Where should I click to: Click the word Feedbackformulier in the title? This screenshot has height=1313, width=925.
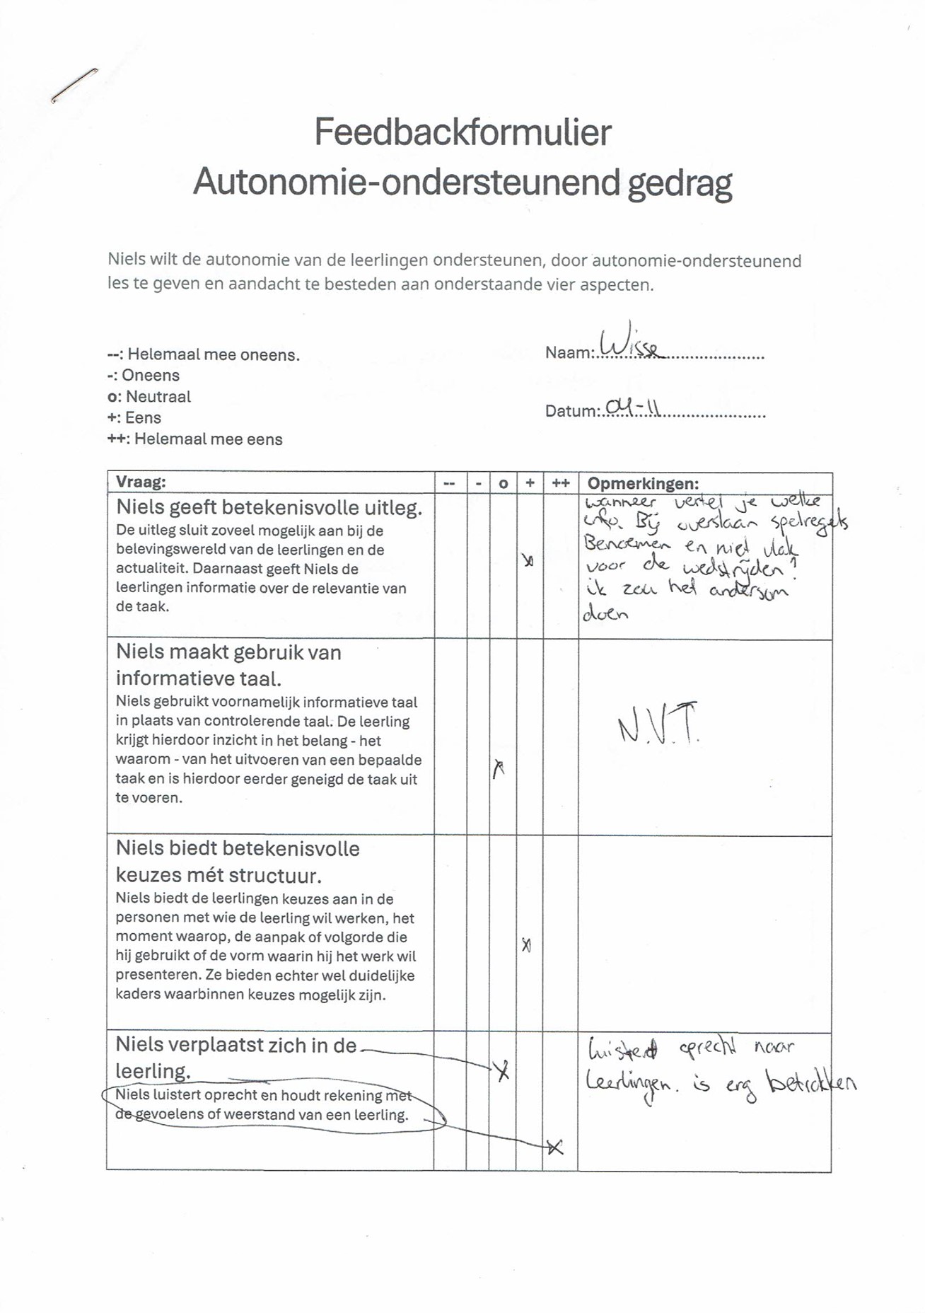click(462, 132)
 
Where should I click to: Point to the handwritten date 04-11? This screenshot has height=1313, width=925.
click(633, 407)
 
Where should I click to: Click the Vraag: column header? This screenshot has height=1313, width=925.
click(141, 482)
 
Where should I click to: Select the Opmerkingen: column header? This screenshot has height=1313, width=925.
click(643, 483)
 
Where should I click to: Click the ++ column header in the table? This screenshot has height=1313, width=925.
click(561, 483)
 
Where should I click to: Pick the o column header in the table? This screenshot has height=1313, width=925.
click(503, 484)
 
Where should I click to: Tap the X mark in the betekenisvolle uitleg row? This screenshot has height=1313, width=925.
click(528, 561)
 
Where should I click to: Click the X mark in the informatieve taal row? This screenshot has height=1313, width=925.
click(499, 768)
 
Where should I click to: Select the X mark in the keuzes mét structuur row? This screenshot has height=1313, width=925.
click(526, 944)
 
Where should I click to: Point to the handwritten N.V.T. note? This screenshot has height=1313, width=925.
click(658, 723)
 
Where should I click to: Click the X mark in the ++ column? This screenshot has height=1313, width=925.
click(555, 1147)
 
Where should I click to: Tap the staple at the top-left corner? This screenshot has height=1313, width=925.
click(74, 85)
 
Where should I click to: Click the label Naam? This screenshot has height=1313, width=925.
click(569, 352)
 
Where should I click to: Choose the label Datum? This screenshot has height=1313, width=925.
click(572, 411)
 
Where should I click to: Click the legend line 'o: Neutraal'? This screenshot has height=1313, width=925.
click(149, 396)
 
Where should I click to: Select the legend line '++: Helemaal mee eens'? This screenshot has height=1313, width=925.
click(194, 439)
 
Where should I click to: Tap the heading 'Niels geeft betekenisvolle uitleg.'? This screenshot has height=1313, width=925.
click(269, 507)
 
